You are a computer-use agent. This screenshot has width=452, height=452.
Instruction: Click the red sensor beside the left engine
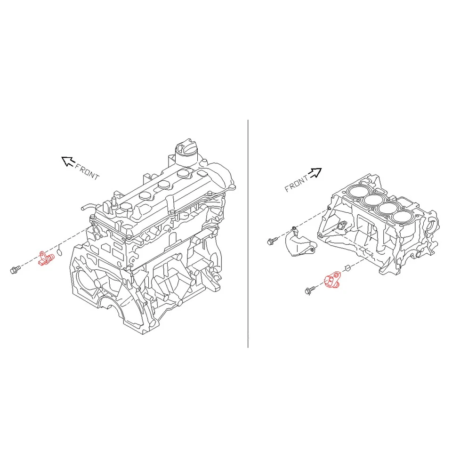click(44, 258)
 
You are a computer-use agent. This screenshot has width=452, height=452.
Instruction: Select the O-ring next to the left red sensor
click(59, 253)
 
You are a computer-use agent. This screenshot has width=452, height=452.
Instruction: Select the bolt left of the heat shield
click(271, 242)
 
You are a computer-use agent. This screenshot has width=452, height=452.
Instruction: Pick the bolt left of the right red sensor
click(310, 290)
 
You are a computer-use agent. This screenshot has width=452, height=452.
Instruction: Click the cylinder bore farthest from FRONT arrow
click(403, 217)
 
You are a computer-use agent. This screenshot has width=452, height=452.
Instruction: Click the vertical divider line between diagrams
click(248, 235)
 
